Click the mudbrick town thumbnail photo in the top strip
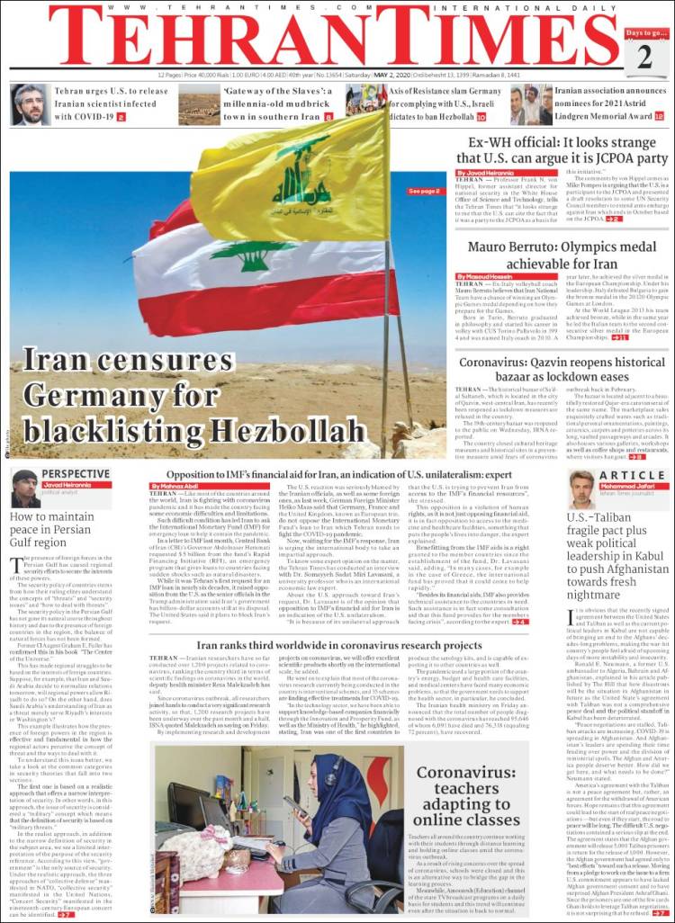point(199,104)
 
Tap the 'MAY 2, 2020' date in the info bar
point(376,75)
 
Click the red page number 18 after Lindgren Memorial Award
point(659,117)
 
